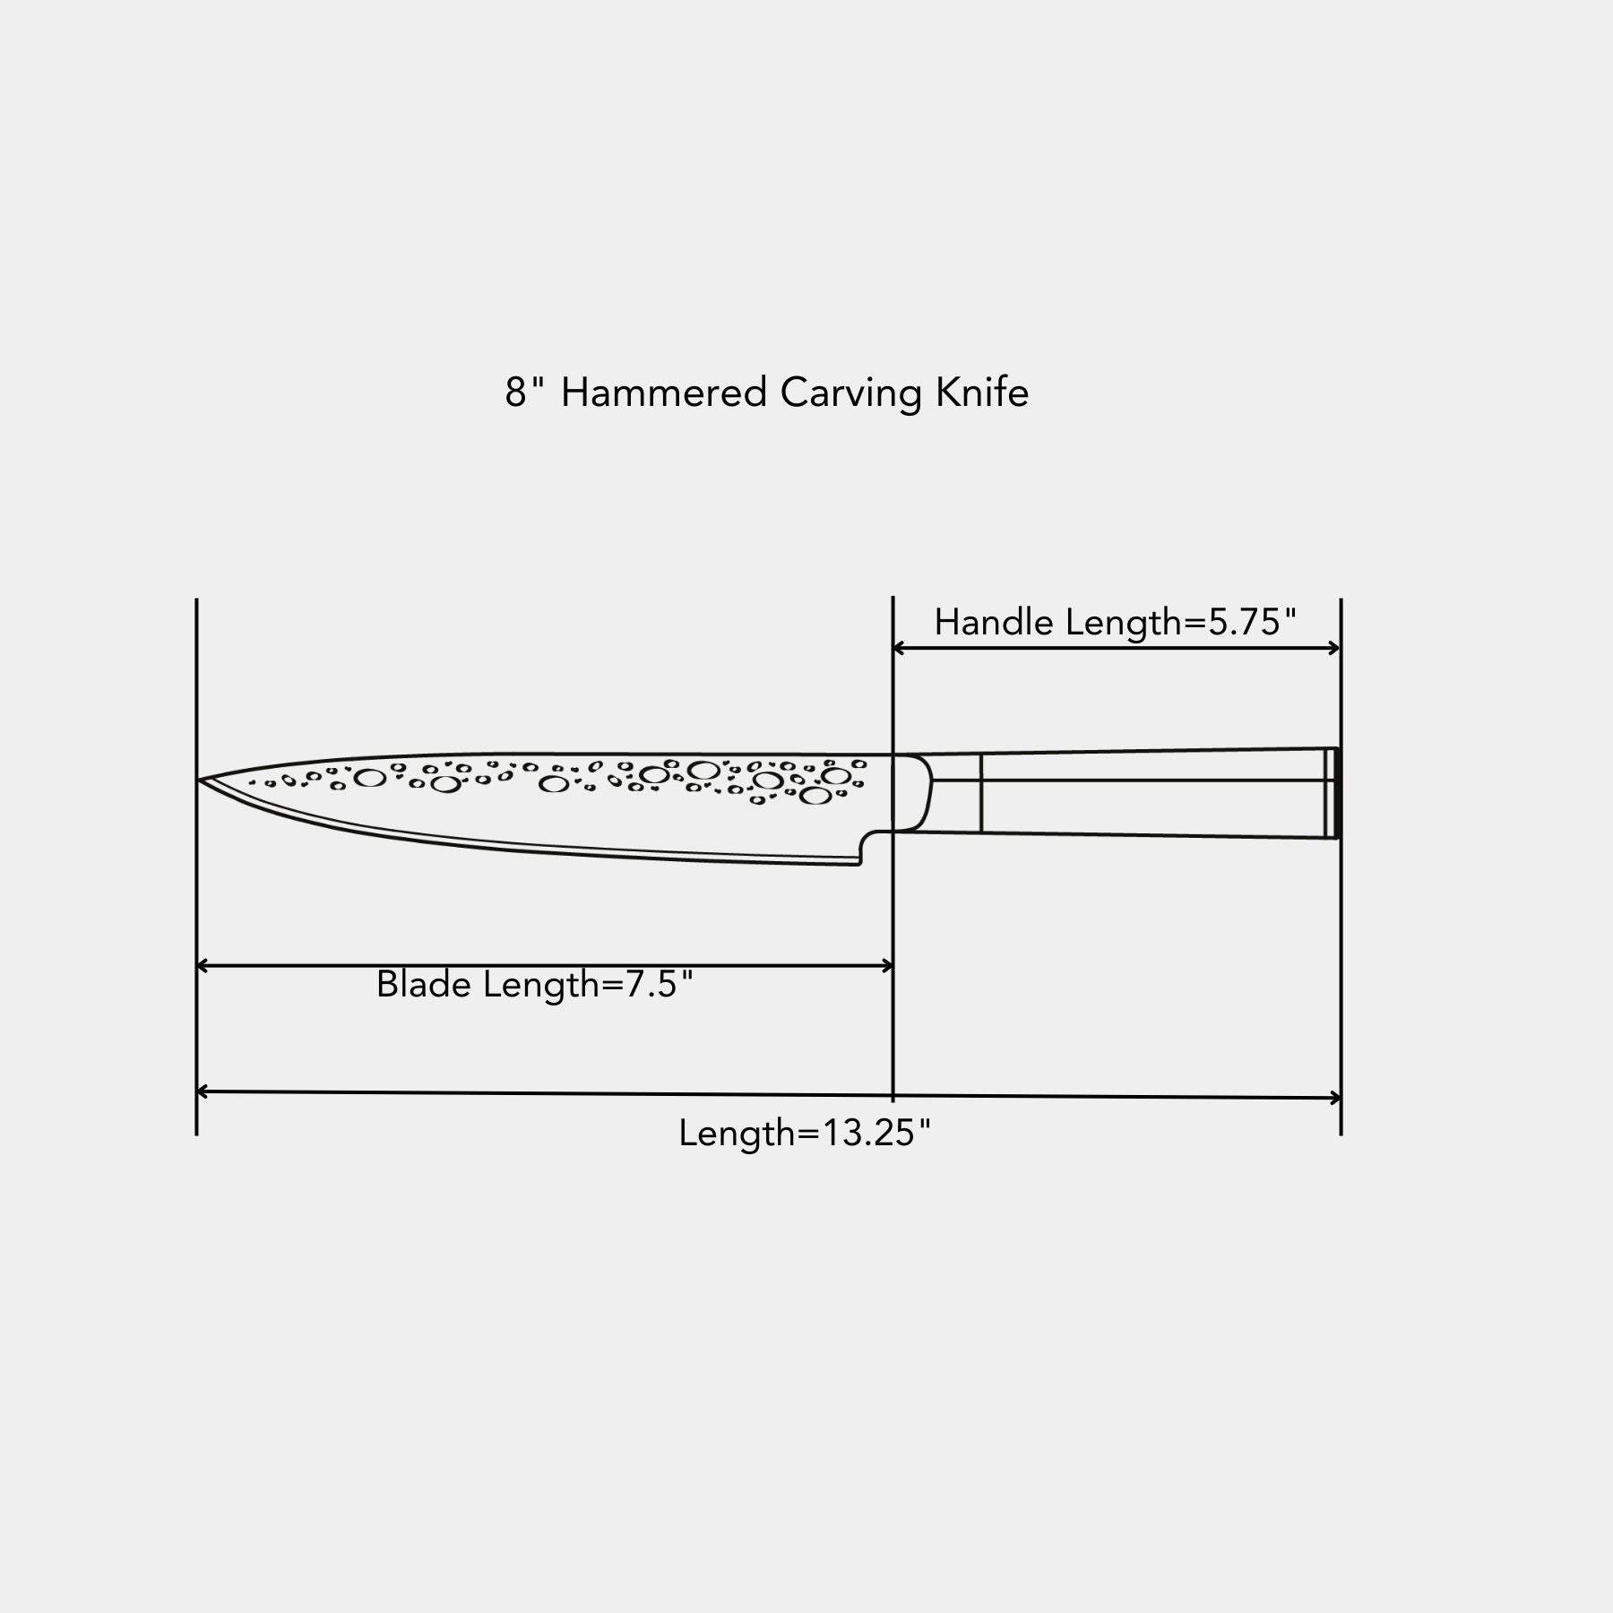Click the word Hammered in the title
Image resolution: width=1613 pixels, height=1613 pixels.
point(663,392)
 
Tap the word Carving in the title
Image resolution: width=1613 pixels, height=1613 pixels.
point(851,394)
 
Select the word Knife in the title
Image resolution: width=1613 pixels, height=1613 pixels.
point(982,392)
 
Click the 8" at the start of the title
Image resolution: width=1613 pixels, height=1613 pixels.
point(524,392)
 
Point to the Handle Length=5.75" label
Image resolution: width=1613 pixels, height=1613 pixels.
point(1116,622)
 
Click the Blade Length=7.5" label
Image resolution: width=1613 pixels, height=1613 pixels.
point(535,985)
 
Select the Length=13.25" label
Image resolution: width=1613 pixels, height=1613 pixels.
point(805,1134)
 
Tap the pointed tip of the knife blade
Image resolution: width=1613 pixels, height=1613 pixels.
point(198,780)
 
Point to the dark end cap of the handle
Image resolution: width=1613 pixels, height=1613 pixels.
point(1333,793)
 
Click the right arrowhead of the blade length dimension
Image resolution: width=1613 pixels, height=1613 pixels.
point(887,965)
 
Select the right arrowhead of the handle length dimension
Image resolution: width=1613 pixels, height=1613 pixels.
point(1334,648)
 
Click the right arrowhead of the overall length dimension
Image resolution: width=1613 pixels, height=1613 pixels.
point(1334,1098)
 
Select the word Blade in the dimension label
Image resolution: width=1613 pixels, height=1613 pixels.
point(424,984)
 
